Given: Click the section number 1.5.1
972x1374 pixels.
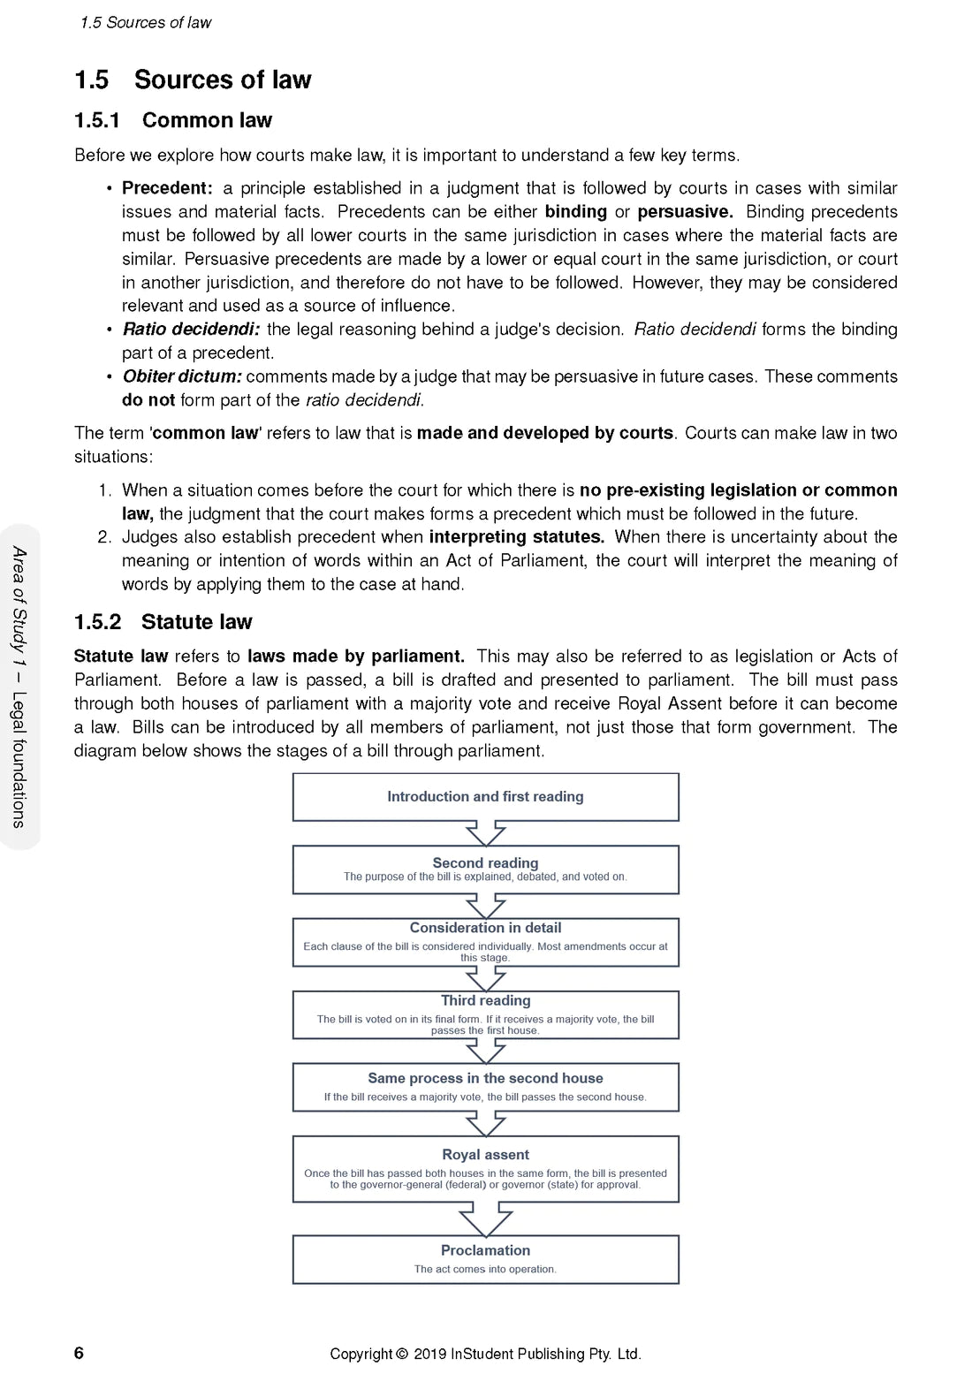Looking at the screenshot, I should [x=97, y=120].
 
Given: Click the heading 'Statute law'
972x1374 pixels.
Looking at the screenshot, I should [x=196, y=622].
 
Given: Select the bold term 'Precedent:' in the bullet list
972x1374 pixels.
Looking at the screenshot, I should [x=167, y=188].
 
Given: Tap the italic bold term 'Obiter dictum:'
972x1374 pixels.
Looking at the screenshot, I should [x=182, y=376].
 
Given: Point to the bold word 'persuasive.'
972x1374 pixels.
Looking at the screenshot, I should [x=685, y=212].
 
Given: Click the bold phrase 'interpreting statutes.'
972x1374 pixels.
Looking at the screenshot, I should [x=517, y=537].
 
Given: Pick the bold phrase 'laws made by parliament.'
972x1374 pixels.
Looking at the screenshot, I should [x=355, y=657].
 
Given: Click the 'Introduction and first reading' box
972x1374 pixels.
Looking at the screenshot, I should [x=485, y=796].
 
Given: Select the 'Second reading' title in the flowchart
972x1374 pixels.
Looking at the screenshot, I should [x=485, y=862].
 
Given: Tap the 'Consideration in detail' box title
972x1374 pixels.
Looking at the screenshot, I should [x=485, y=928].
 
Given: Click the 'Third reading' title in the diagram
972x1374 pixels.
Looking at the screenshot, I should [x=485, y=1000].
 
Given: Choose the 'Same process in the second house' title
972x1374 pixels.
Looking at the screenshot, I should [x=485, y=1078].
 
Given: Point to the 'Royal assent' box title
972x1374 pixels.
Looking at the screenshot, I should [x=485, y=1155].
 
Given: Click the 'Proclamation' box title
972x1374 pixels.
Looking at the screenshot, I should [x=485, y=1250].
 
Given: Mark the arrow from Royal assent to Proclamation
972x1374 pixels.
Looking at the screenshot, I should [x=485, y=1219].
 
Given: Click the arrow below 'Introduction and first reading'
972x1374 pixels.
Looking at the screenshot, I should [x=485, y=833].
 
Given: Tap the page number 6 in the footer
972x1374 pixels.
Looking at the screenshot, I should [x=79, y=1353].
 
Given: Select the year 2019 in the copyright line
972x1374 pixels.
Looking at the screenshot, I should [x=429, y=1354].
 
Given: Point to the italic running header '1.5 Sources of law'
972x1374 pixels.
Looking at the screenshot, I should [x=146, y=23].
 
